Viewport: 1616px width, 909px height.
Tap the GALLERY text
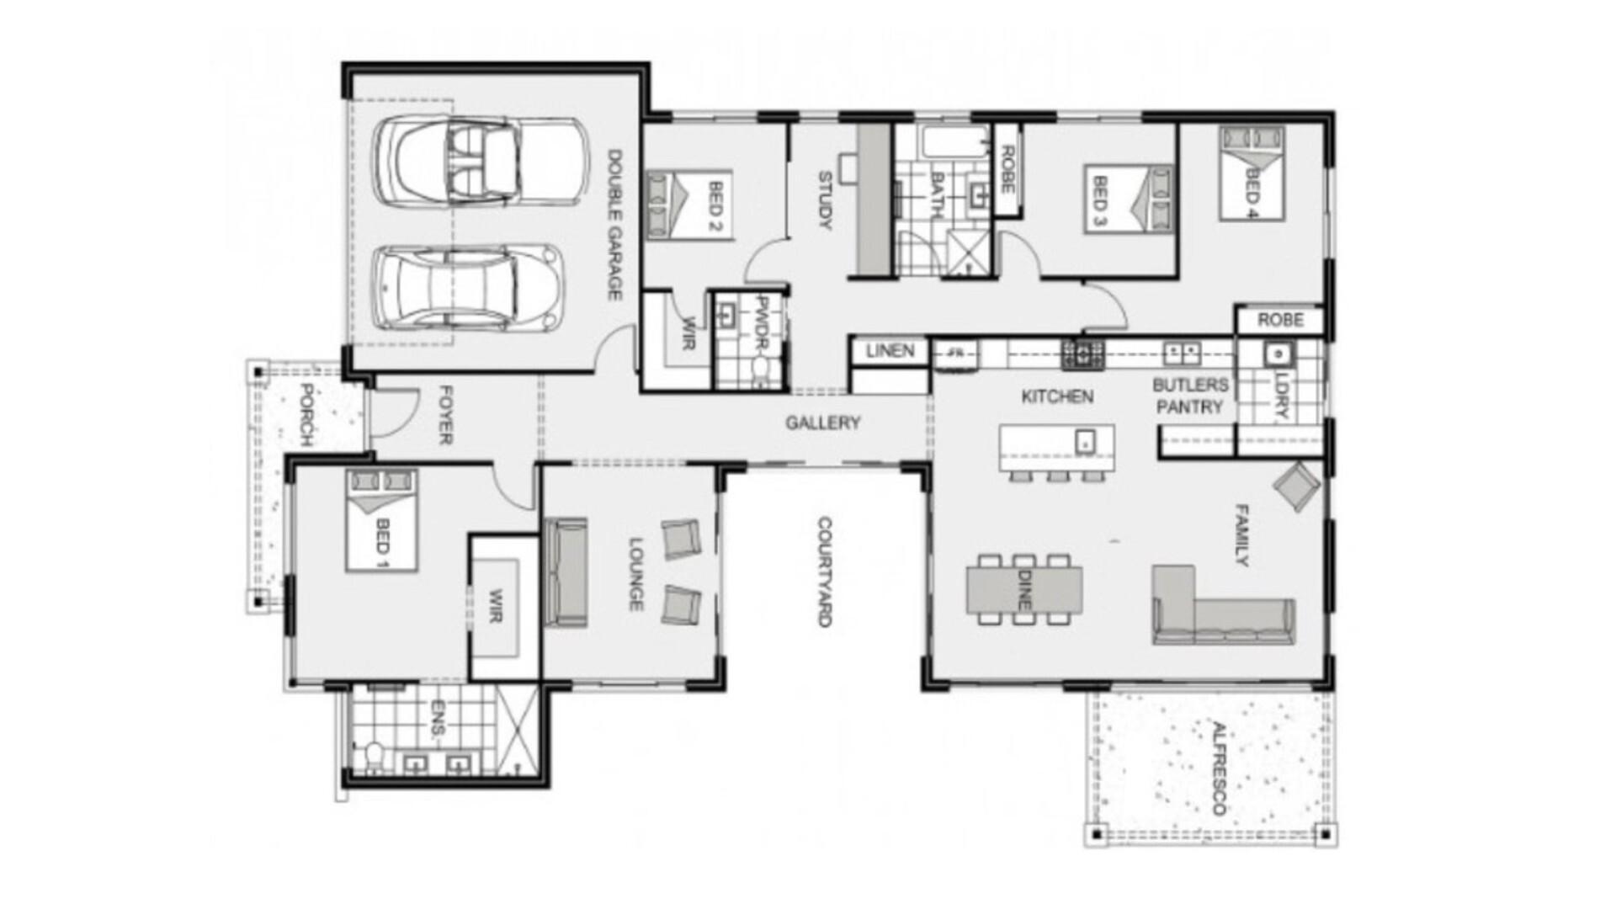(822, 423)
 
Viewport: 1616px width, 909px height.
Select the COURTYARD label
(824, 571)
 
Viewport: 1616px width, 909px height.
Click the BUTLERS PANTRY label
(1189, 396)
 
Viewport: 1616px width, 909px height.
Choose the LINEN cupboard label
(890, 351)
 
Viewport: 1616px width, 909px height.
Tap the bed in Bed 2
(689, 204)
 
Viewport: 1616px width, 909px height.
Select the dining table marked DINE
(1023, 589)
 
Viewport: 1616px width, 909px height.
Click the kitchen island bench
(1057, 448)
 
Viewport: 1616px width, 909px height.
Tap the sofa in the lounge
(566, 572)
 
